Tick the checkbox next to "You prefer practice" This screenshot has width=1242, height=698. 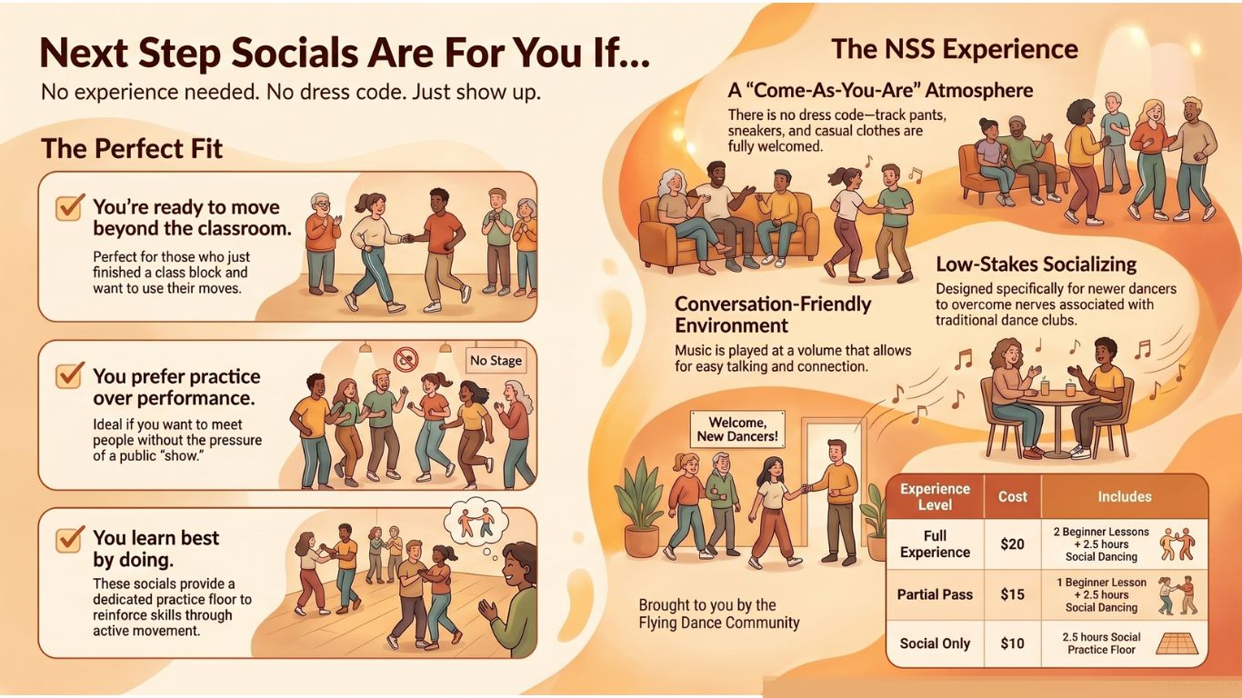[69, 375]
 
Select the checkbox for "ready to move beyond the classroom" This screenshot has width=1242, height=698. [69, 207]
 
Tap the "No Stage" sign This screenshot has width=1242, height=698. [496, 361]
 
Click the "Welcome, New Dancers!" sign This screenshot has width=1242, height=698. [736, 428]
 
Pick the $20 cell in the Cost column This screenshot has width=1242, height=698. [1012, 543]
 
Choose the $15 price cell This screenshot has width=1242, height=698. [1012, 594]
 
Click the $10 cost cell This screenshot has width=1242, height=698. [1012, 643]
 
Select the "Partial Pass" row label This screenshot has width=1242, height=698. [935, 594]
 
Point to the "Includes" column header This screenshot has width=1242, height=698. [1124, 496]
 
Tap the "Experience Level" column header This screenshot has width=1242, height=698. [935, 496]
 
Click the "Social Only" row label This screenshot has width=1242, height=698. [935, 643]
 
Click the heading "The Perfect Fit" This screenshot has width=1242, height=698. [132, 149]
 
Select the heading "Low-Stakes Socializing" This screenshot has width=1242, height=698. [1036, 264]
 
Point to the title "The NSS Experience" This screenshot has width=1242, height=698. [954, 49]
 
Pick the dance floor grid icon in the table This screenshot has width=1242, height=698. [1177, 643]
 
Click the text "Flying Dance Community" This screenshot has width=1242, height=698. [718, 623]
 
